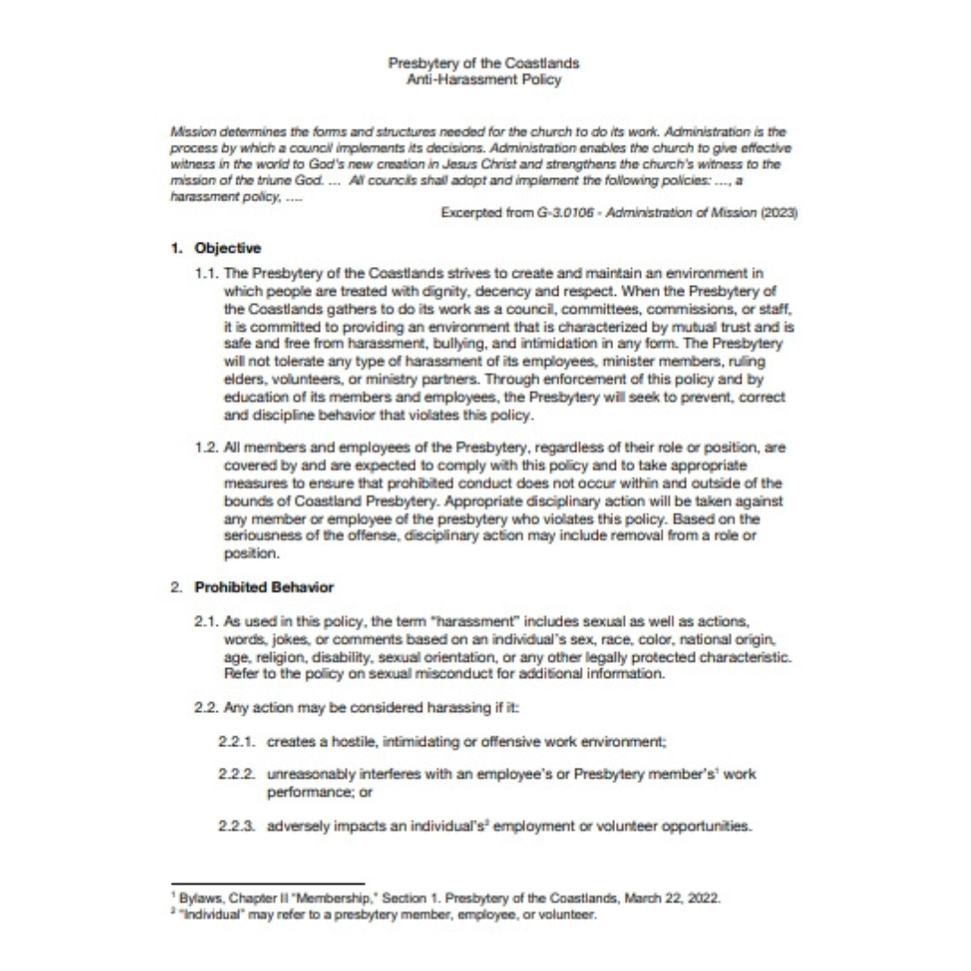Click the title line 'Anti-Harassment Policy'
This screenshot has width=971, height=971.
(x=484, y=79)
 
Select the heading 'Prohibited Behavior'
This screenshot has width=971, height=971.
(x=263, y=587)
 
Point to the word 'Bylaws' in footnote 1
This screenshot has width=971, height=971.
(x=196, y=898)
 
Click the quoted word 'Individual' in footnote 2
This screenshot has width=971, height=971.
(x=209, y=914)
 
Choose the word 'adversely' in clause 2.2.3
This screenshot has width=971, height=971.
(x=297, y=826)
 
